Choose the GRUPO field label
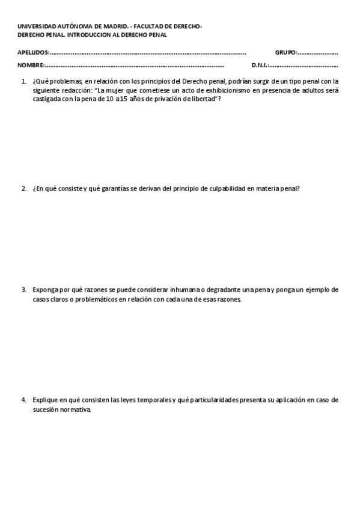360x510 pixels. pyautogui.click(x=285, y=52)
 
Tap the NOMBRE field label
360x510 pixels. pyautogui.click(x=30, y=65)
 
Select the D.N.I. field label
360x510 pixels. pyautogui.click(x=259, y=65)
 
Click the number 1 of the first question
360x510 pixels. pyautogui.click(x=23, y=81)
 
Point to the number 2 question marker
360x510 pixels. pyautogui.click(x=23, y=188)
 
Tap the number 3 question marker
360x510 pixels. pyautogui.click(x=23, y=289)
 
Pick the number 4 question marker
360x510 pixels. pyautogui.click(x=23, y=399)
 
